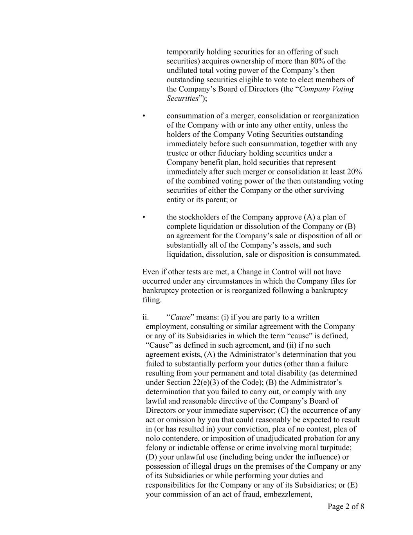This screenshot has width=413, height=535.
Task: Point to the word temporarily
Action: click(186, 52)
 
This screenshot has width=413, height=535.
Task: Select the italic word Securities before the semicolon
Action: click(182, 98)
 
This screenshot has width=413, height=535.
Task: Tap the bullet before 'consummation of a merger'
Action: click(144, 116)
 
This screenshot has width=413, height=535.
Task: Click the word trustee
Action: click(178, 153)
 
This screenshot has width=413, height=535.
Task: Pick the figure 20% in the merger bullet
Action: click(354, 172)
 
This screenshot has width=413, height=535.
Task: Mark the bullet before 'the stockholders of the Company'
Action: click(144, 217)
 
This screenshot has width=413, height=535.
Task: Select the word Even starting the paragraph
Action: click(151, 272)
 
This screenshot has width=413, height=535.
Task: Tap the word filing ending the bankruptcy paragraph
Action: click(151, 300)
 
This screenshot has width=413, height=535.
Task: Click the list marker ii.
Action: click(146, 317)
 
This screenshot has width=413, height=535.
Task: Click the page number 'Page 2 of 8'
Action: click(346, 507)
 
